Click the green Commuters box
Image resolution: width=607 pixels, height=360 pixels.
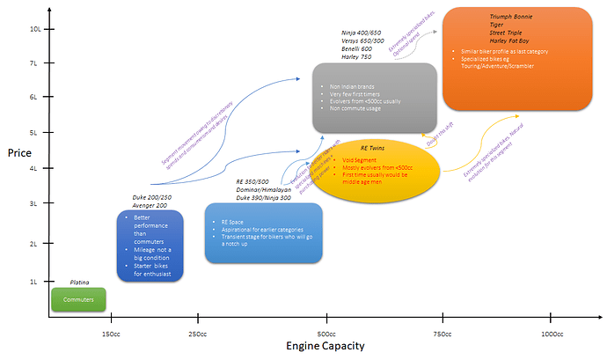pyautogui.click(x=78, y=299)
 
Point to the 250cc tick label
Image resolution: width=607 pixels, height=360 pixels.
pyautogui.click(x=199, y=334)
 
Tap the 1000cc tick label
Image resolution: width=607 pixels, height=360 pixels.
pyautogui.click(x=552, y=334)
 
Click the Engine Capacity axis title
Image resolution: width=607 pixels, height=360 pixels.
pyautogui.click(x=325, y=348)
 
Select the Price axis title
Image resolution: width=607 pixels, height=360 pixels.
pyautogui.click(x=19, y=152)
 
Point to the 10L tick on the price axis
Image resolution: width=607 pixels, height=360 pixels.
pyautogui.click(x=34, y=28)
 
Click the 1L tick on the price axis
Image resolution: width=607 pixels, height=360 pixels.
pyautogui.click(x=36, y=281)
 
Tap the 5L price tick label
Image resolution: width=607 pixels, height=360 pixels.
pyautogui.click(x=36, y=132)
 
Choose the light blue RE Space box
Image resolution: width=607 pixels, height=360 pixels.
pyautogui.click(x=263, y=233)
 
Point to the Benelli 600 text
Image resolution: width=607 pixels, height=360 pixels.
pyautogui.click(x=357, y=48)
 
